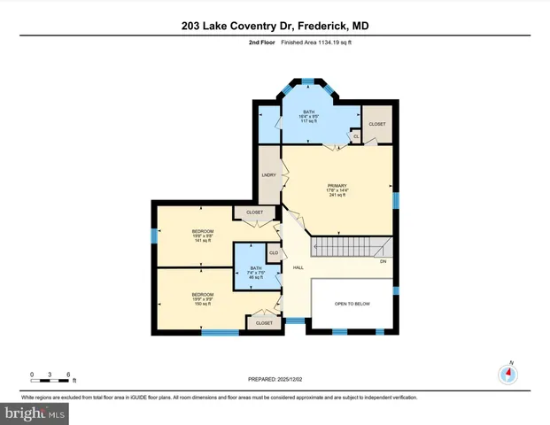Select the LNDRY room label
coord(269,175)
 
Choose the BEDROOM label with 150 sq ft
coord(203,294)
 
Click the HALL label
coord(298,267)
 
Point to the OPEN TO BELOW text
coord(351,303)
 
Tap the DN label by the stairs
coord(383,261)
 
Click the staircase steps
coord(349,246)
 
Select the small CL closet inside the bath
coord(355,136)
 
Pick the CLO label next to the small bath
coord(274,253)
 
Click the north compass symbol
coord(508,373)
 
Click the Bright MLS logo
coord(35,413)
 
